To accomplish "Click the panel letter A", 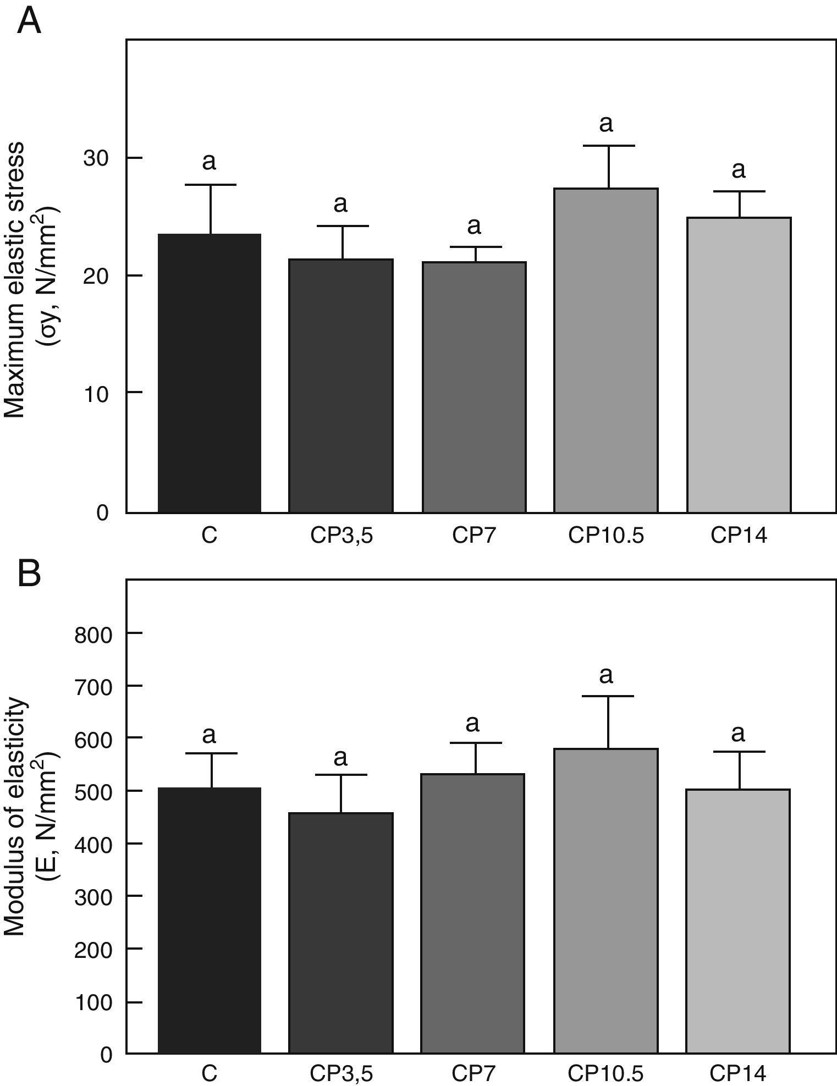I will click(30, 22).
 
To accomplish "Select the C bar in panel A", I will click(210, 373).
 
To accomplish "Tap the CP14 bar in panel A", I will click(739, 365).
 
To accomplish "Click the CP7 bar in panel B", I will click(473, 913).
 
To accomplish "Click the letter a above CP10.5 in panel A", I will click(605, 124).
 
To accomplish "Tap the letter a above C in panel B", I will click(209, 734).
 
